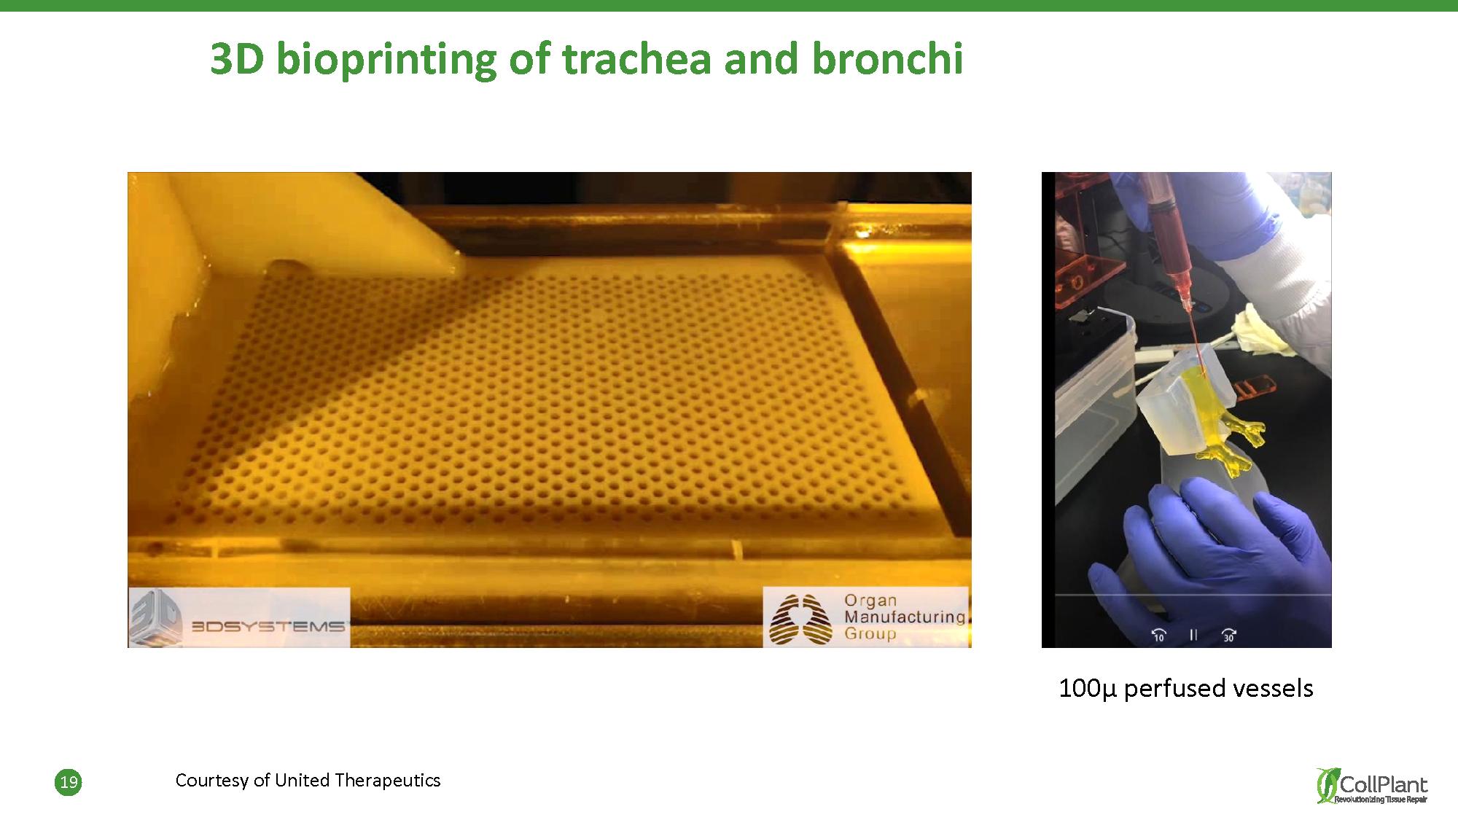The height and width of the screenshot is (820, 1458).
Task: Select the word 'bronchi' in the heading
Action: tap(887, 58)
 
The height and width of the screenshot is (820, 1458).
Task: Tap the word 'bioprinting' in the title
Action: tap(386, 60)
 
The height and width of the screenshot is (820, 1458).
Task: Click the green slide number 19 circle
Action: tap(69, 783)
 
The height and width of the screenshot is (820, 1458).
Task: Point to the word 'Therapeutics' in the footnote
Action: tap(388, 781)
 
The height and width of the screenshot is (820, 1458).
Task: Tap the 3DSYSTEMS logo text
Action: tap(268, 625)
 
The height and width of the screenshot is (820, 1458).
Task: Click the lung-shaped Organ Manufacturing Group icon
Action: tap(800, 620)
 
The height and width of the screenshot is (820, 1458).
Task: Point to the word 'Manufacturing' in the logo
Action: tap(905, 617)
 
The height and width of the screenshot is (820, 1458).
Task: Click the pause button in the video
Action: tap(1193, 635)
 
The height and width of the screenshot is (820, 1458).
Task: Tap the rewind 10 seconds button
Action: tap(1158, 636)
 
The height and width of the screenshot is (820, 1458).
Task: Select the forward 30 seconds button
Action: tap(1229, 636)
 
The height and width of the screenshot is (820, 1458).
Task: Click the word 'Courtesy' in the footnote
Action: tap(211, 781)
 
